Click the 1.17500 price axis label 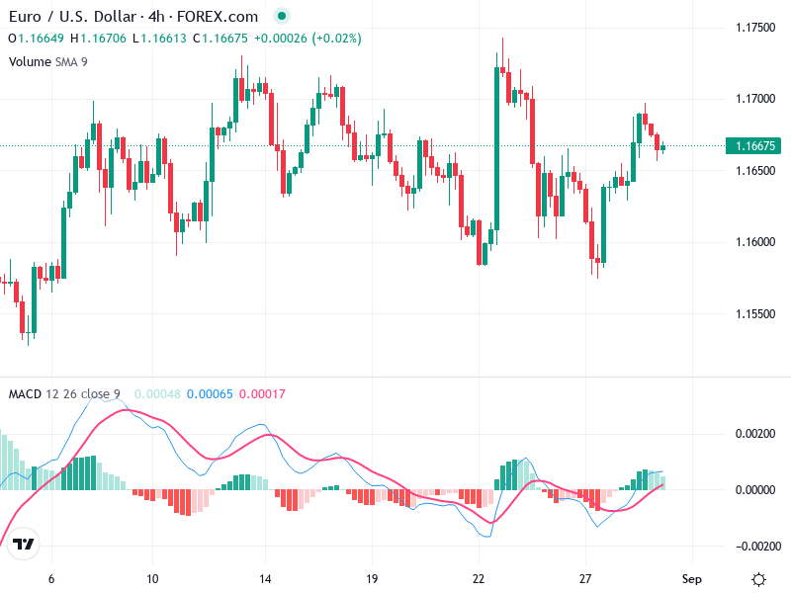point(754,28)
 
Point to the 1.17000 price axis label point(754,99)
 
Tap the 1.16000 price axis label point(754,242)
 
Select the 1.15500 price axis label point(754,314)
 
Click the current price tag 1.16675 point(754,146)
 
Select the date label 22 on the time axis point(479,579)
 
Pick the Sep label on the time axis point(692,579)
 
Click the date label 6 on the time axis point(51,579)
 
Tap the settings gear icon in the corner point(758,579)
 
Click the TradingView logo point(25,545)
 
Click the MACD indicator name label point(25,394)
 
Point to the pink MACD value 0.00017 point(262,394)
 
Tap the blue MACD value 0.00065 point(210,394)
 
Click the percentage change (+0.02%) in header point(337,39)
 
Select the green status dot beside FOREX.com point(282,17)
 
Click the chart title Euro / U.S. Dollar point(72,17)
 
